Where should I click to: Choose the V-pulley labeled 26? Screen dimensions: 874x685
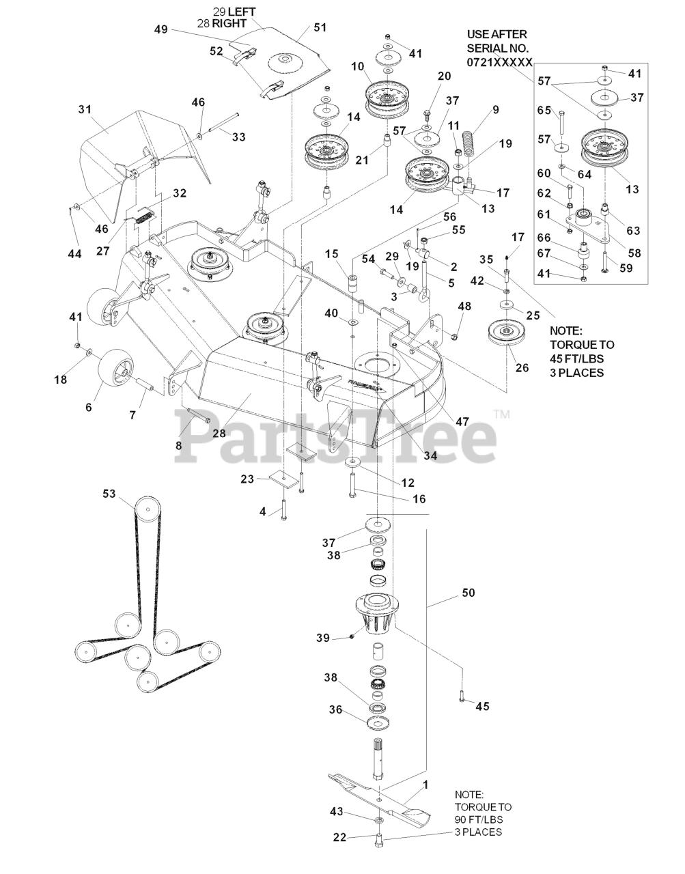click(507, 335)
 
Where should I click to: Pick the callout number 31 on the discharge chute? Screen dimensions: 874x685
click(84, 109)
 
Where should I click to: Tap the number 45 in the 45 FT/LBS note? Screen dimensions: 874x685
click(557, 358)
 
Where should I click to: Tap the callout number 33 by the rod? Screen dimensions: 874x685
click(238, 137)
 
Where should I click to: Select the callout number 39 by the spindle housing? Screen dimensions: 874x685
click(323, 638)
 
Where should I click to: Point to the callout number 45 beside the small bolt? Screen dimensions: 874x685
click(482, 706)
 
